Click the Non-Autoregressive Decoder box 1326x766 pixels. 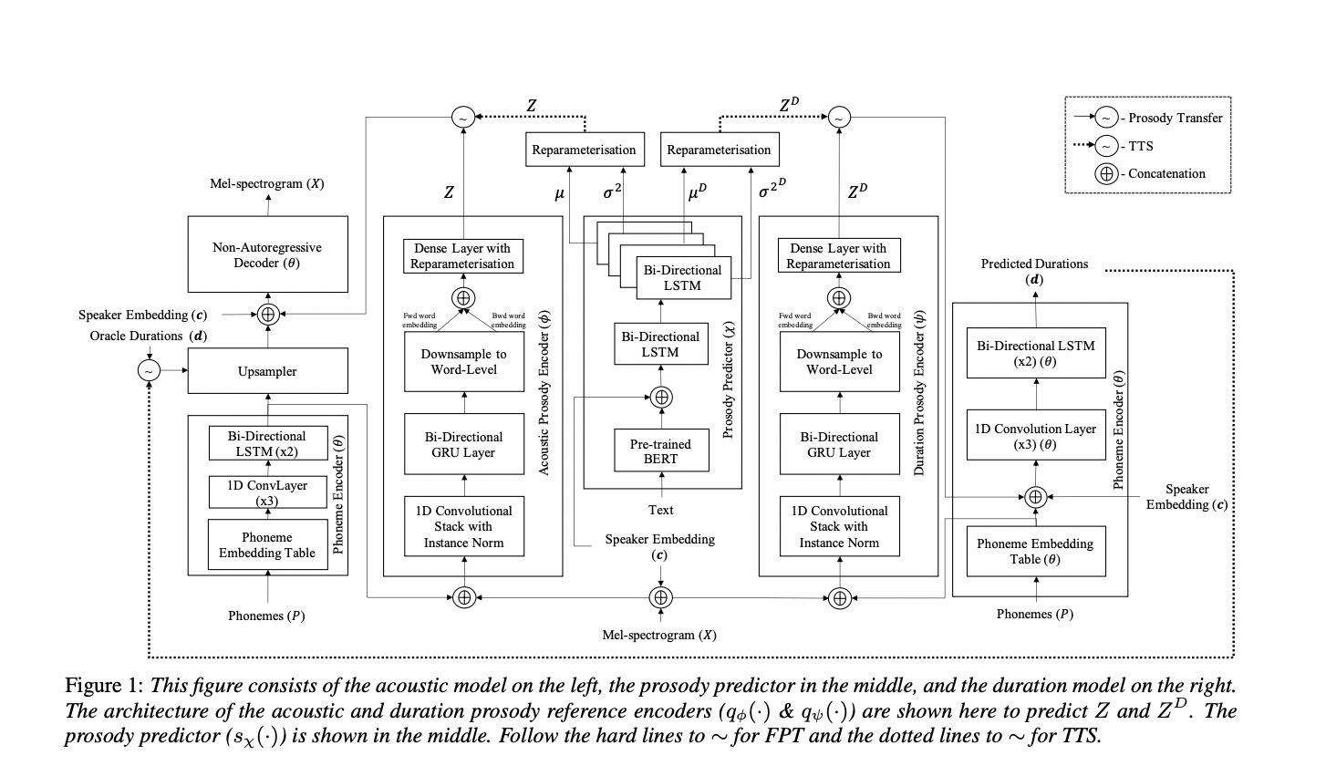(x=267, y=254)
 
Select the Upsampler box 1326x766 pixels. (x=267, y=371)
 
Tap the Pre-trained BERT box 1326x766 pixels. (x=661, y=450)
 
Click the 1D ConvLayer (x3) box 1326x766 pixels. (x=267, y=492)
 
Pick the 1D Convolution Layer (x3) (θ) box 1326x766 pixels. (x=1036, y=435)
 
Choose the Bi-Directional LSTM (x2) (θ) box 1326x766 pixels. (x=1036, y=353)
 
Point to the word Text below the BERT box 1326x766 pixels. (x=660, y=510)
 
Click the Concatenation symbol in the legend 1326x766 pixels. (x=1106, y=174)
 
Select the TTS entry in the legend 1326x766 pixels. (x=1141, y=146)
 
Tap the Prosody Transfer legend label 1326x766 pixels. (x=1175, y=118)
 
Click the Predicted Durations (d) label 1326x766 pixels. (x=1034, y=271)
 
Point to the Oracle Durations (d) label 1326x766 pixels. (x=149, y=336)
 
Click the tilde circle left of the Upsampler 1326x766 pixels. (x=150, y=371)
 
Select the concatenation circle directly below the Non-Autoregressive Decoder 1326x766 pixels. (x=268, y=315)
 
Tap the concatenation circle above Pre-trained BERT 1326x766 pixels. (x=661, y=398)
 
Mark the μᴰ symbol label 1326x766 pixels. (x=698, y=191)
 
